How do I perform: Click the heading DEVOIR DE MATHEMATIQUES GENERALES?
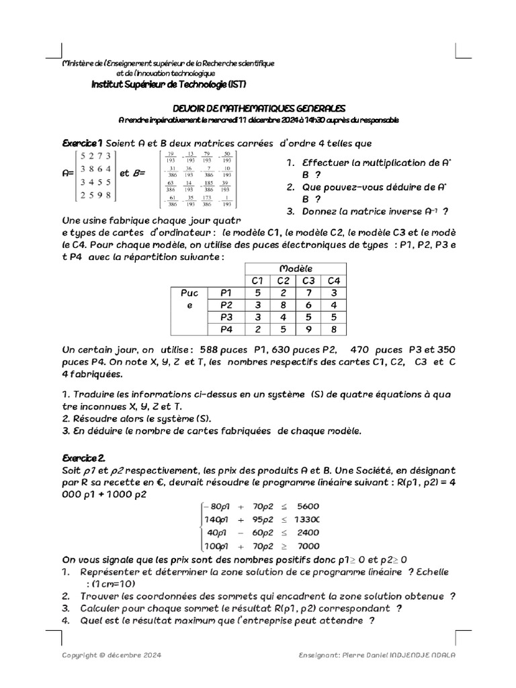point(259,107)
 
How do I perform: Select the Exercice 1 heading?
point(81,143)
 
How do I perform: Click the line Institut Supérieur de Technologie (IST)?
point(169,85)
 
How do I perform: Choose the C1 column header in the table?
point(256,280)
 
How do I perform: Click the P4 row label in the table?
point(226,329)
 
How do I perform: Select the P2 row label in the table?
point(226,304)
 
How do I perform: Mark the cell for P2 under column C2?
point(283,304)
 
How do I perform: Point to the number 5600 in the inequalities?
point(307,506)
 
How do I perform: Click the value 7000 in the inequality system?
point(307,546)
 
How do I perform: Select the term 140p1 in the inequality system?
point(216,519)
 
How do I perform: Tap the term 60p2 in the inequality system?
point(261,533)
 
